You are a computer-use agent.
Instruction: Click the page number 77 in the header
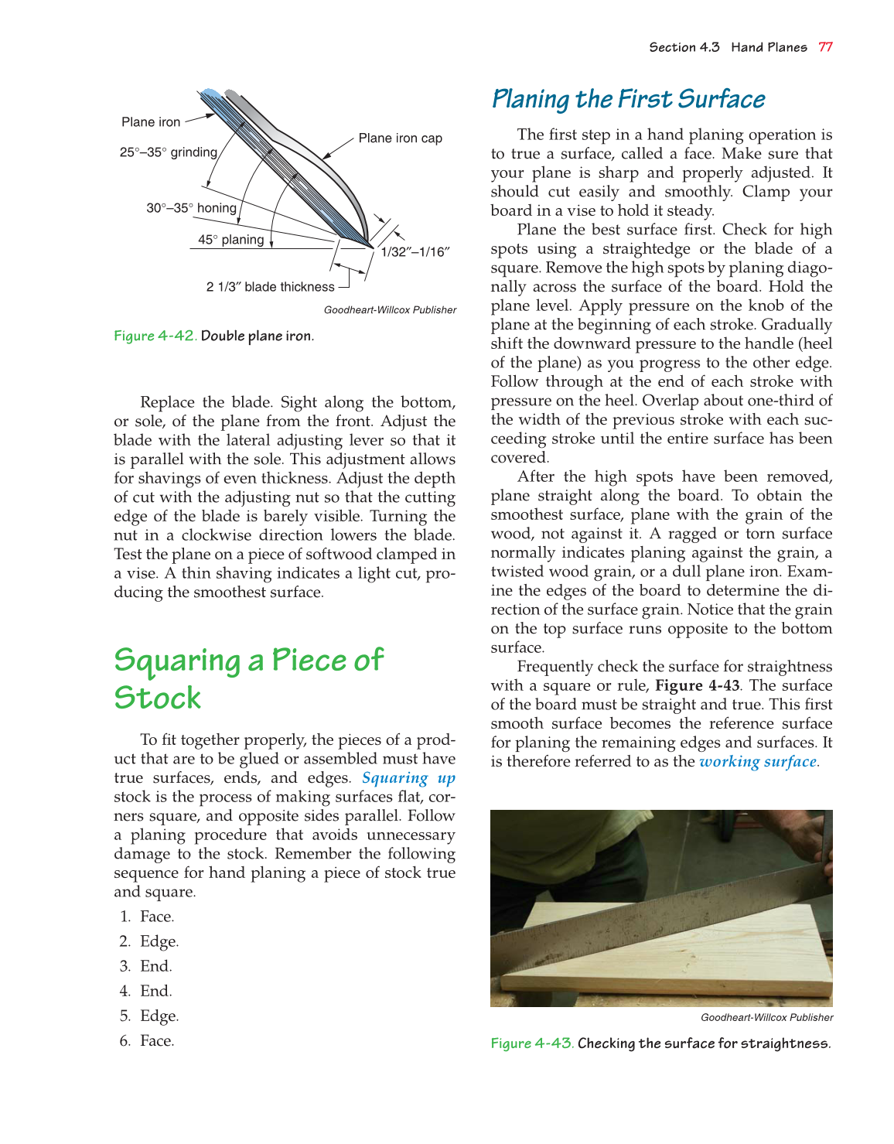click(825, 47)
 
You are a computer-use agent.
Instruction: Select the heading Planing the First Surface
click(628, 100)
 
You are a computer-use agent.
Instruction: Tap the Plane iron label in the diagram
click(151, 122)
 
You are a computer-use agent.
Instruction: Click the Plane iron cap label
click(400, 138)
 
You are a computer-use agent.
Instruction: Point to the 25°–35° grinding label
click(168, 152)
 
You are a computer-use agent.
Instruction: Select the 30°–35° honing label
click(191, 208)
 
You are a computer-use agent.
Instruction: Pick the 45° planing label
click(230, 240)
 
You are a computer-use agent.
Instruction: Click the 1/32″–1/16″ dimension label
click(415, 252)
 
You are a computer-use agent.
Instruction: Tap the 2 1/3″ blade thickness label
click(270, 287)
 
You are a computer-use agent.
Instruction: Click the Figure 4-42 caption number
click(155, 336)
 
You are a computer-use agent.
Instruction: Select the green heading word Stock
click(158, 698)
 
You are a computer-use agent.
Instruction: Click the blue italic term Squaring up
click(408, 778)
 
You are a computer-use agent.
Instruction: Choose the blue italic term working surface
click(758, 762)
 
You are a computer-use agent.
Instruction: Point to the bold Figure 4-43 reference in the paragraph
click(697, 686)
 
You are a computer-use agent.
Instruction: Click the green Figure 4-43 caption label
click(532, 1043)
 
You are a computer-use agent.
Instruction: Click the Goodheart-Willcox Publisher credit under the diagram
click(390, 310)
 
